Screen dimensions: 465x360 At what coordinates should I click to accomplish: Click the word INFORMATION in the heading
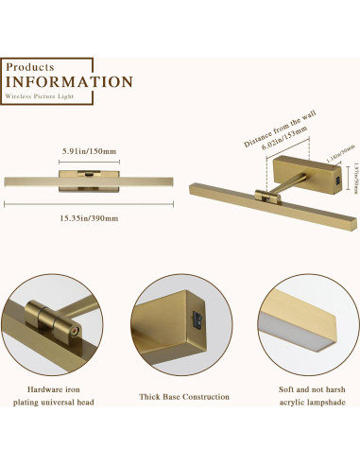click(x=69, y=81)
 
